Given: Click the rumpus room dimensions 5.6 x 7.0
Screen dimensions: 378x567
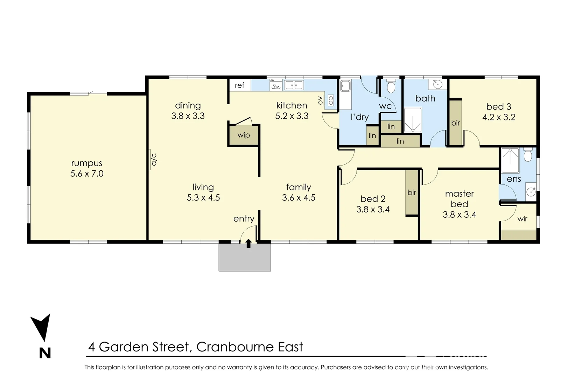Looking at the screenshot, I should pos(87,174).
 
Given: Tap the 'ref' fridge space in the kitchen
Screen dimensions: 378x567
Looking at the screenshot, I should pos(239,85).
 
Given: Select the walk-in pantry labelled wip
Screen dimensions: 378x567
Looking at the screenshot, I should pos(244,135).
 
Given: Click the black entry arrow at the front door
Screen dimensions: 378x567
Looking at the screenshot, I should pos(248,243).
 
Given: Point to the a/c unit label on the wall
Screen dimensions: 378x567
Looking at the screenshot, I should pos(154,159).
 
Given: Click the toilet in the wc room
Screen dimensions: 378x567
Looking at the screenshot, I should pos(391,86).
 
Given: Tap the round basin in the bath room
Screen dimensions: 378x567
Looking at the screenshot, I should pos(437,84).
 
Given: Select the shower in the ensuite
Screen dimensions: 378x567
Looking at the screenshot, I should pos(510,160).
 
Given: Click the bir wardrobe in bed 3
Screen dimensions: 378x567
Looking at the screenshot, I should pos(455,123).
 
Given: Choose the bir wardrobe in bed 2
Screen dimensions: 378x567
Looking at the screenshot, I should pos(412,192).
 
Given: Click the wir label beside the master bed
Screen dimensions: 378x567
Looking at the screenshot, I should pos(522,219).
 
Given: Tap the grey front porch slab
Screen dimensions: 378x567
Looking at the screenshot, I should pos(245,257).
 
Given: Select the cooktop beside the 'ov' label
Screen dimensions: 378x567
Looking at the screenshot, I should pos(330,101).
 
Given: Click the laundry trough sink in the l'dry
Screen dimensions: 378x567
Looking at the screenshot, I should pos(345,86).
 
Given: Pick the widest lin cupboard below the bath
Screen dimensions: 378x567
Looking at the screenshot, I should pos(400,141).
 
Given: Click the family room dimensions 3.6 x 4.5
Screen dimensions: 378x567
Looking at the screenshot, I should pos(299,198).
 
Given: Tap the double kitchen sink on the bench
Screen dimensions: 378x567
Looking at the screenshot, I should pos(294,85).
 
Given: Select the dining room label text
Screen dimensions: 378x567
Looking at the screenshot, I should pos(188,105).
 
